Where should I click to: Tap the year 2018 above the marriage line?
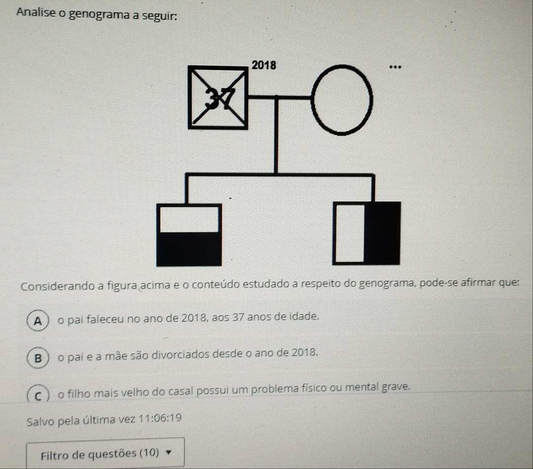click(x=264, y=65)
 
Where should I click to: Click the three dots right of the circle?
click(x=395, y=67)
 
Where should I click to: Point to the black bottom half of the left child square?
click(x=189, y=249)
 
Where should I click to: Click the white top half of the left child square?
click(x=189, y=219)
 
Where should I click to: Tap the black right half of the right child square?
click(x=382, y=233)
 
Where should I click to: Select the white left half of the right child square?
click(x=350, y=233)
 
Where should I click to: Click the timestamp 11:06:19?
click(x=160, y=419)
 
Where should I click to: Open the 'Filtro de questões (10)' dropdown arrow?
click(x=168, y=452)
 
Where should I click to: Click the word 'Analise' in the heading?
click(x=36, y=13)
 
